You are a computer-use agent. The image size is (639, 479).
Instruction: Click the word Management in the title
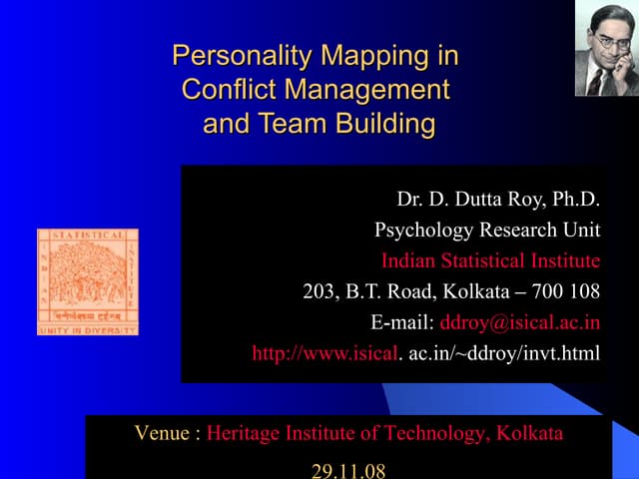[366, 90]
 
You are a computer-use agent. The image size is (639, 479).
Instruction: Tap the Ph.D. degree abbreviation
[574, 201]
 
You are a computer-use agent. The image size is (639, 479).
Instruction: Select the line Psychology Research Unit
[487, 232]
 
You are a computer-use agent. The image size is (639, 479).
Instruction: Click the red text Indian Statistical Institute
[490, 261]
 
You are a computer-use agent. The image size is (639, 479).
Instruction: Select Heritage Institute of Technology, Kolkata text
[384, 434]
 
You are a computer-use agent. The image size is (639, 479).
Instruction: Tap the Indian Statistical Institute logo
[87, 281]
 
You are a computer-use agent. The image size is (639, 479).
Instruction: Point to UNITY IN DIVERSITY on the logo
[87, 329]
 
